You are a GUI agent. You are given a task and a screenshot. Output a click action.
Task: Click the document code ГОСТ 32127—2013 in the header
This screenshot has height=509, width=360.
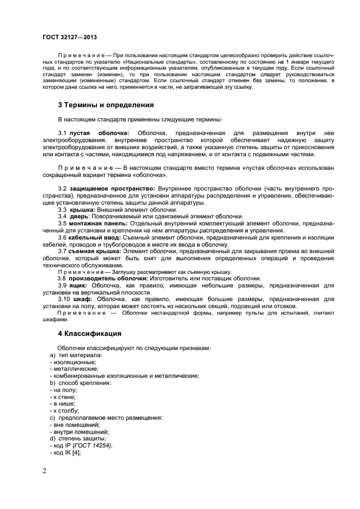point(69,38)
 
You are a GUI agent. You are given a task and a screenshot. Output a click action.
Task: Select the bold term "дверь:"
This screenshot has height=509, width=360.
point(80,217)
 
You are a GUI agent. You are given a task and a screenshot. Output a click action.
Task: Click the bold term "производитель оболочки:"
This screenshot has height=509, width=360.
point(105,278)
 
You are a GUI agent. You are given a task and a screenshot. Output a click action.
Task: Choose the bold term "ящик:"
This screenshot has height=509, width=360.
point(80,285)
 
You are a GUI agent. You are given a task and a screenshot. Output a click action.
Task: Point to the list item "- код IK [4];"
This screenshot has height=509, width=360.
point(65,453)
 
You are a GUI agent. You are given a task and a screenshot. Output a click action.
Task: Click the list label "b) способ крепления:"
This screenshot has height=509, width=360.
point(80,383)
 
